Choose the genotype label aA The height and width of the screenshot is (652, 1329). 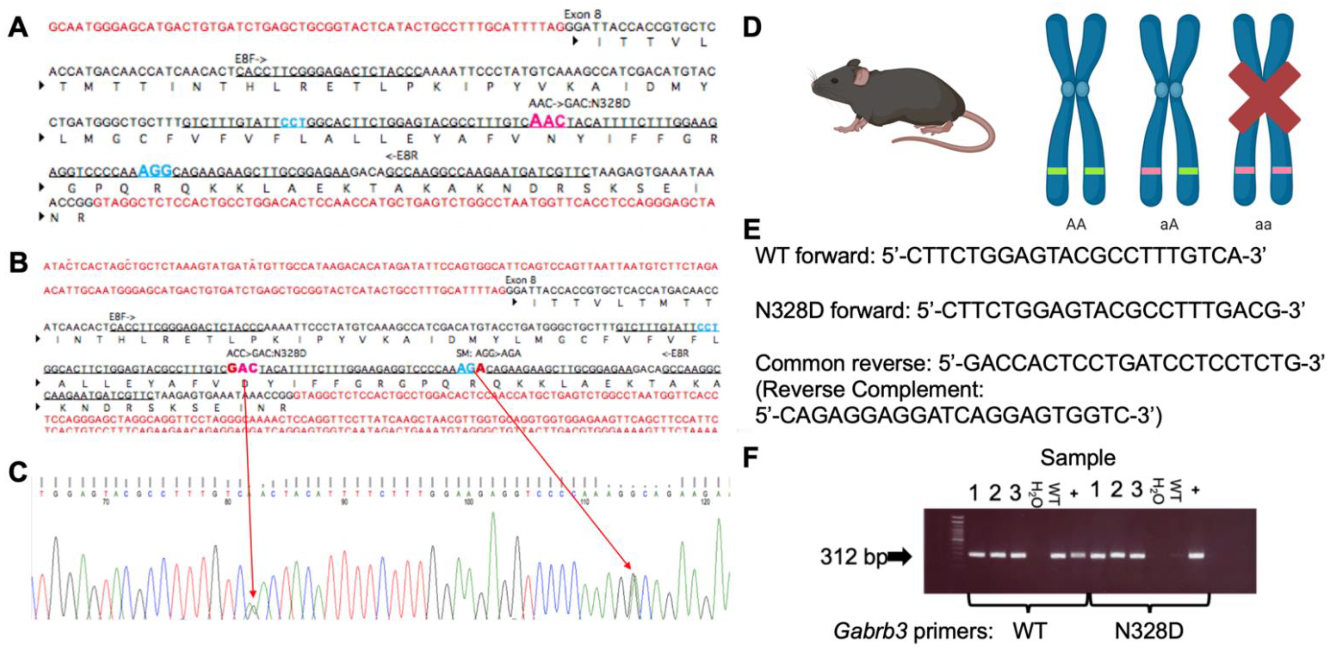[1169, 225]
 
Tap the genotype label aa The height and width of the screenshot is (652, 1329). [1263, 225]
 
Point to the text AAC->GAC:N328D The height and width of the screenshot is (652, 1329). [579, 104]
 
